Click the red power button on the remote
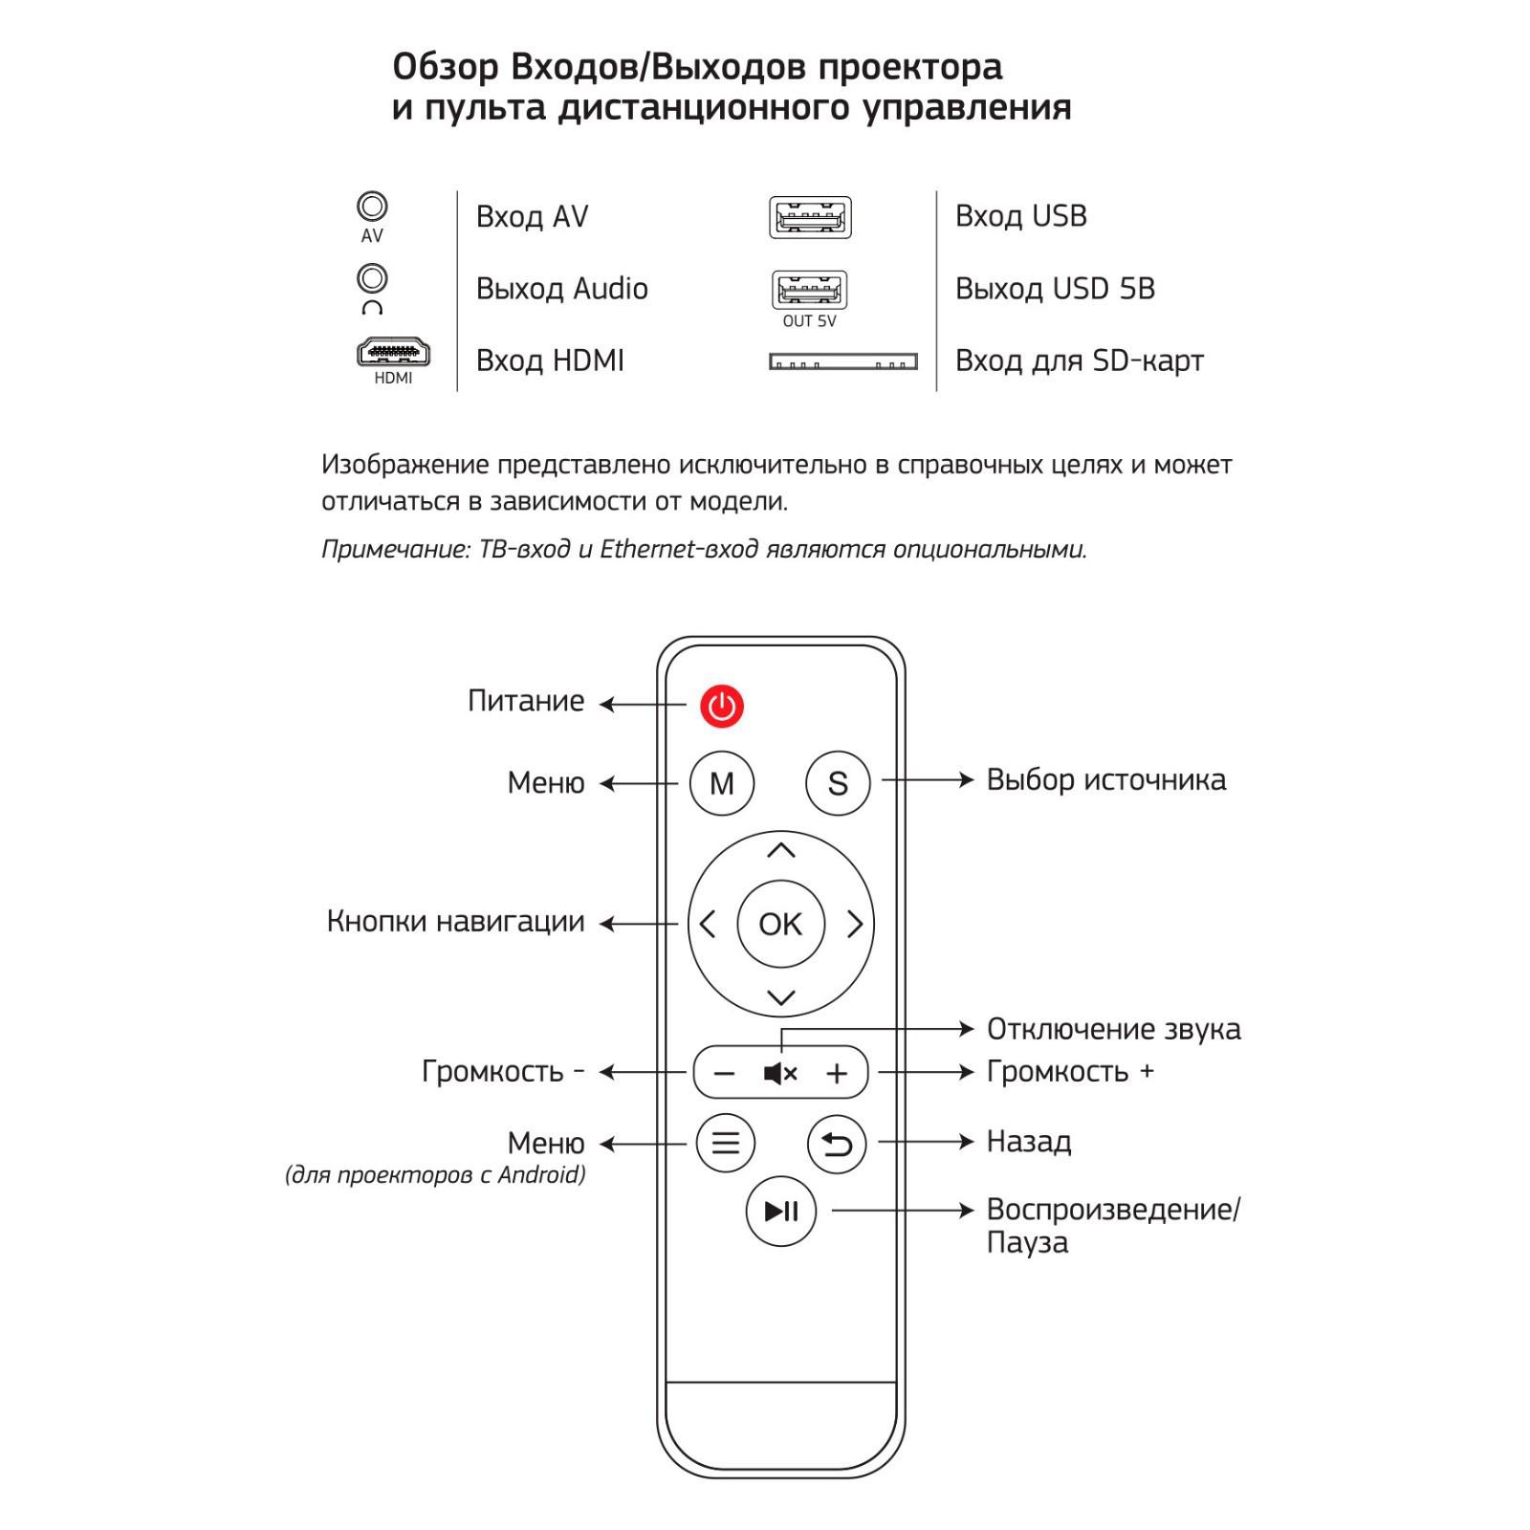click(722, 707)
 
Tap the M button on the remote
click(722, 783)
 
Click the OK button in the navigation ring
click(781, 924)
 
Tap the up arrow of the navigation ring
click(781, 850)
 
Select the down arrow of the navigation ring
click(781, 998)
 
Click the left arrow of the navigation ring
click(708, 924)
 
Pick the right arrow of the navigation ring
click(855, 924)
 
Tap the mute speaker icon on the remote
click(780, 1074)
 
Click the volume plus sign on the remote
click(837, 1074)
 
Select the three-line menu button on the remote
click(726, 1143)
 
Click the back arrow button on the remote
click(837, 1144)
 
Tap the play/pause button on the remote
click(781, 1212)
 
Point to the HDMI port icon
click(393, 353)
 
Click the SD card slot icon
click(842, 361)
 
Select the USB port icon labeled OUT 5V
click(809, 289)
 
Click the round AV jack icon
click(372, 207)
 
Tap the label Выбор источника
click(1105, 780)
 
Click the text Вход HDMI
click(550, 361)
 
